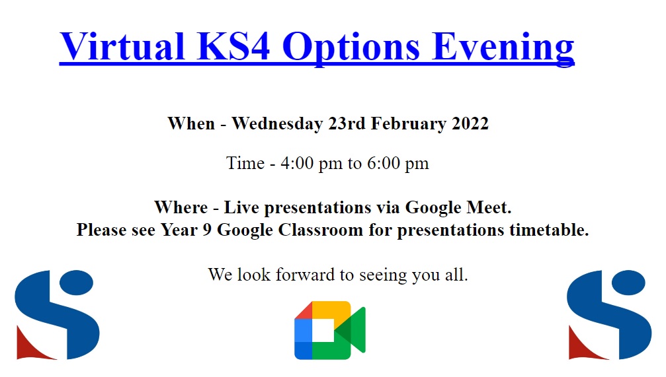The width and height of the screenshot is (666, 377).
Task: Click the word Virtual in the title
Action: tap(122, 46)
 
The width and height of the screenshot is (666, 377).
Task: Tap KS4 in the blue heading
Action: tap(233, 46)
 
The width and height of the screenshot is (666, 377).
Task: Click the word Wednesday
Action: tap(277, 124)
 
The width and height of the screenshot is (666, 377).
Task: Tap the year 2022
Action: tap(470, 123)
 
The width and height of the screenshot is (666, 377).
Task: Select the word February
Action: tap(409, 124)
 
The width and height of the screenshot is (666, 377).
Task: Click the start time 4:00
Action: tap(297, 163)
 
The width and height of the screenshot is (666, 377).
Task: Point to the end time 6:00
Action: tap(384, 163)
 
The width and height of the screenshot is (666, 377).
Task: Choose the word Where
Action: tap(181, 207)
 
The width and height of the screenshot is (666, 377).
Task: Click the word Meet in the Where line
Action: tap(489, 207)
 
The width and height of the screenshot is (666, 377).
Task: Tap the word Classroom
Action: tap(321, 230)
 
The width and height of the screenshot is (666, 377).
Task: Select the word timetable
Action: tap(549, 230)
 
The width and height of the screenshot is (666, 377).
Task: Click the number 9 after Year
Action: tap(207, 230)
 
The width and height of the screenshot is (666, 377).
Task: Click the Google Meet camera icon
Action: tap(330, 330)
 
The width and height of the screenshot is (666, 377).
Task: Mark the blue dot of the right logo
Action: tap(628, 283)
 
